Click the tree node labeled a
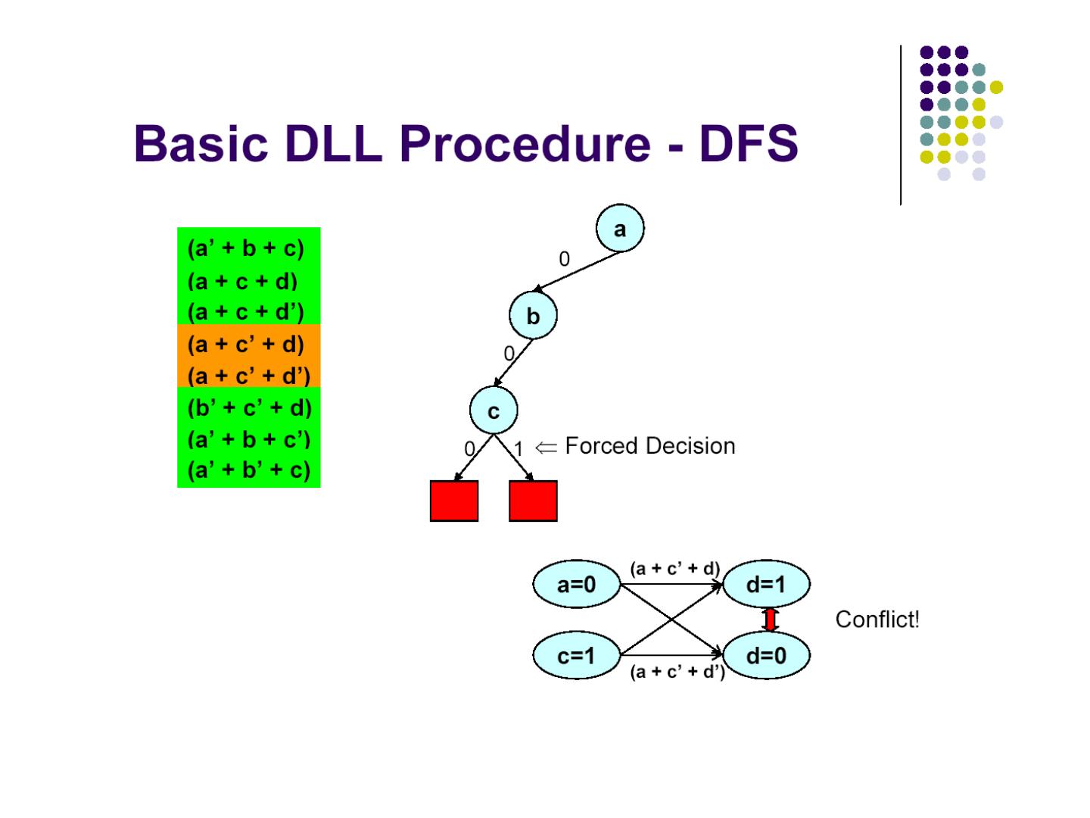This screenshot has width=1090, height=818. (x=620, y=229)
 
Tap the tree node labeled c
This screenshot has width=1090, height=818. (x=494, y=411)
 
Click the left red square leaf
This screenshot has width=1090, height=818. (x=454, y=501)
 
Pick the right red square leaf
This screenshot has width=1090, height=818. (x=533, y=501)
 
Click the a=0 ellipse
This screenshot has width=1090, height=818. (x=576, y=585)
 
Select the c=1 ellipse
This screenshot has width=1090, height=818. (x=576, y=655)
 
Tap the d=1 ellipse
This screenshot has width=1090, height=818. (x=766, y=585)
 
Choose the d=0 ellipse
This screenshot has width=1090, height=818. (x=766, y=655)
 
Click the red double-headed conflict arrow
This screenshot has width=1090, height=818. (x=771, y=620)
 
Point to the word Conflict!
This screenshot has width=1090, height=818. (x=877, y=620)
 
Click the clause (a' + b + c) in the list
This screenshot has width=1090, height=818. (x=245, y=248)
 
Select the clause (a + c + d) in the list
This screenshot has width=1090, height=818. (x=242, y=281)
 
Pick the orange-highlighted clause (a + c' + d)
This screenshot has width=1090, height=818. (x=245, y=344)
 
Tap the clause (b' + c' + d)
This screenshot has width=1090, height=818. (x=249, y=407)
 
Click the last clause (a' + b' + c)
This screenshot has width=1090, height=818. (x=248, y=470)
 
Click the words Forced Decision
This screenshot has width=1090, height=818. (x=649, y=446)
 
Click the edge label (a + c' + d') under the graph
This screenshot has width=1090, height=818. (x=677, y=672)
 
